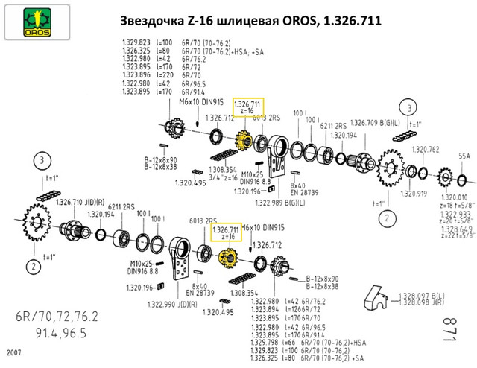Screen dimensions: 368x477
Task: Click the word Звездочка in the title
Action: click(148, 21)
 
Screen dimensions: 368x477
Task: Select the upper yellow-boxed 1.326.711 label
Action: click(247, 106)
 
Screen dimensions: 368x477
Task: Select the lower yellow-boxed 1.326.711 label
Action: click(226, 232)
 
